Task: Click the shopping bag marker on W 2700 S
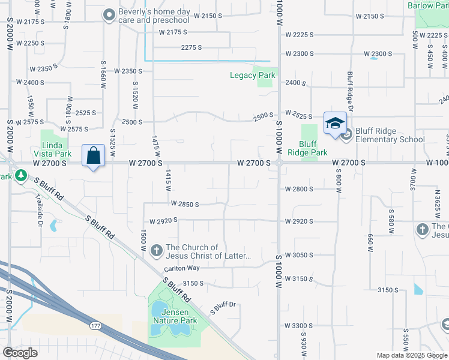[x=94, y=156]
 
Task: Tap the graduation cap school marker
[x=334, y=124]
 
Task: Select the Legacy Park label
[x=253, y=76]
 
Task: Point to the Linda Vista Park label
[x=56, y=149]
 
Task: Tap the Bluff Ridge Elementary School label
[x=390, y=135]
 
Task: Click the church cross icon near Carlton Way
[x=156, y=250]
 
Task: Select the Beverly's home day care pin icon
[x=109, y=15]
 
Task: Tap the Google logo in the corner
[x=20, y=352]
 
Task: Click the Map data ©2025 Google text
[x=412, y=355]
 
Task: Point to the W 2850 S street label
[x=184, y=204]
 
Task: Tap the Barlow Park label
[x=428, y=5]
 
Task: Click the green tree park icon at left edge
[x=21, y=175]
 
